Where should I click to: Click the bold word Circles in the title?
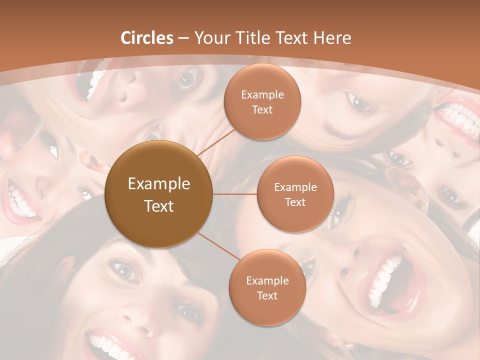pyautogui.click(x=146, y=38)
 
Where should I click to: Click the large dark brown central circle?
pyautogui.click(x=158, y=194)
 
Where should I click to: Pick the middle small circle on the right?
pyautogui.click(x=295, y=194)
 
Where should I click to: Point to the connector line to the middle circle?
pyautogui.click(x=235, y=194)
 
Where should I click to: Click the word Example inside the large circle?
pyautogui.click(x=159, y=184)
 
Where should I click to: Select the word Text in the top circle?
pyautogui.click(x=262, y=110)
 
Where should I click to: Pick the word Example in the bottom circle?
pyautogui.click(x=267, y=281)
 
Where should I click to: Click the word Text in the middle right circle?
pyautogui.click(x=295, y=202)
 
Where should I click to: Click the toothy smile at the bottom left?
pyautogui.click(x=107, y=345)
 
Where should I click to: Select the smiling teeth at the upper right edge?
pyautogui.click(x=460, y=120)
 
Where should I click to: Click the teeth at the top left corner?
pyautogui.click(x=95, y=82)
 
